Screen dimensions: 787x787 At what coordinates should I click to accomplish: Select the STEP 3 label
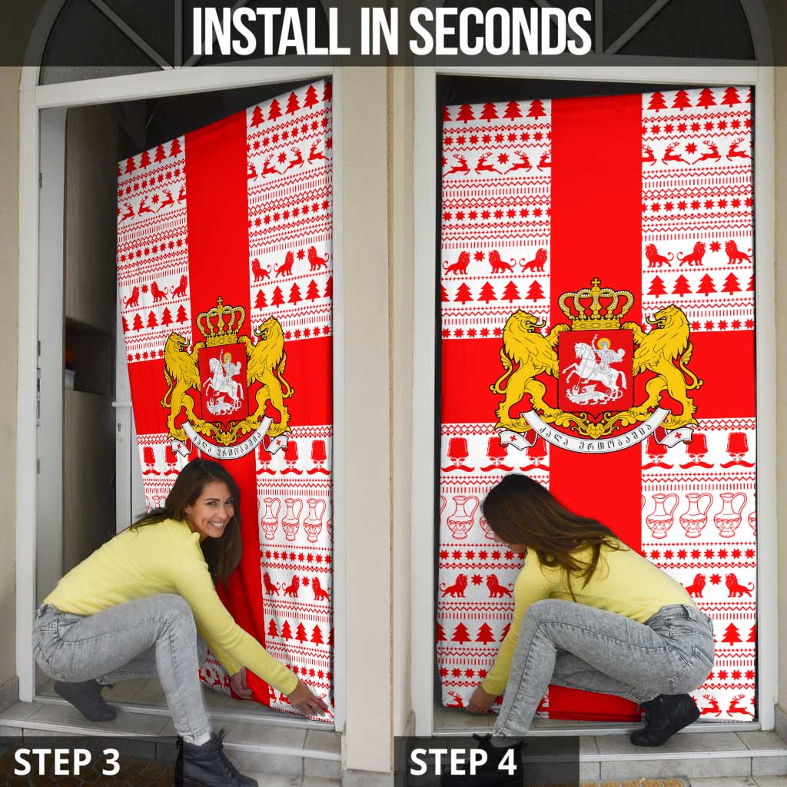click(67, 761)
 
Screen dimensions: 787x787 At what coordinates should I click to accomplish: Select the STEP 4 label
click(463, 761)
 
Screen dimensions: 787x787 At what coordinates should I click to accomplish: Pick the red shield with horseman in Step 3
click(223, 381)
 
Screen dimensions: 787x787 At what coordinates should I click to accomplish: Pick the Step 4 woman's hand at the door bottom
click(480, 701)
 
